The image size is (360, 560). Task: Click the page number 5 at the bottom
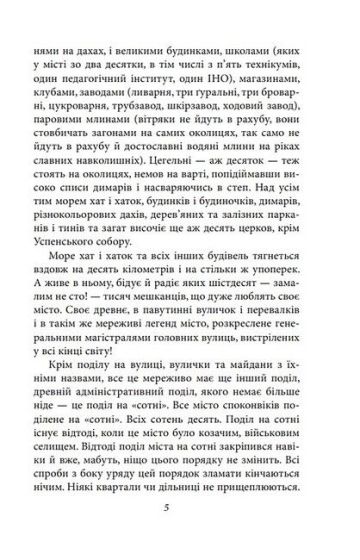coord(180,531)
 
